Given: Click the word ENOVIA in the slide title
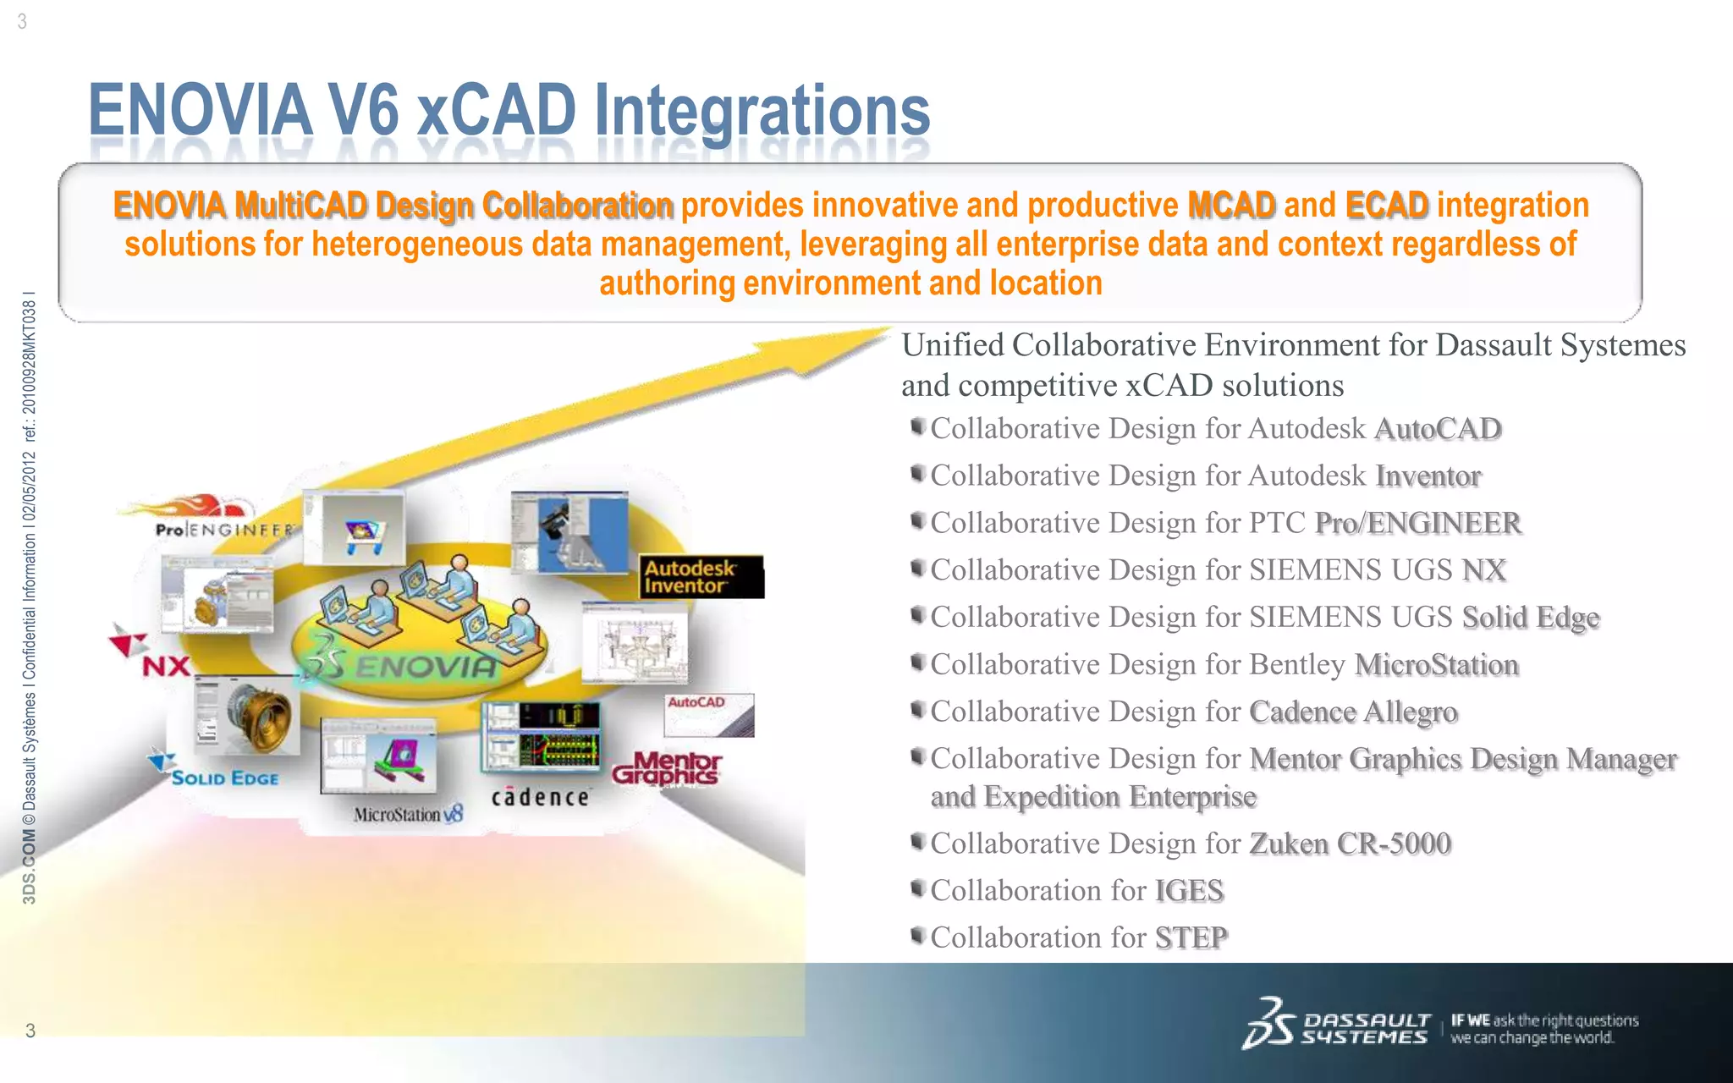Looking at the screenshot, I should (200, 110).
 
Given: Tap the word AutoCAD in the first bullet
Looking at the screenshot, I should (1437, 429).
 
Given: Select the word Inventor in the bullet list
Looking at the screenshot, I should (1428, 476).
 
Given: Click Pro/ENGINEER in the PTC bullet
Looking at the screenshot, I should (1417, 524).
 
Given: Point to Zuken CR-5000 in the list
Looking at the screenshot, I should (1350, 844).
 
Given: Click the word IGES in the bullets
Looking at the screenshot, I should (1189, 891).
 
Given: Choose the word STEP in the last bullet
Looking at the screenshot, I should (1191, 938).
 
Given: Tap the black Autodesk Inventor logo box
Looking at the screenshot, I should (701, 577).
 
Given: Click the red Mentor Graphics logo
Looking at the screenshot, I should (668, 768).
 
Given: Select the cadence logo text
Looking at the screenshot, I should (540, 797).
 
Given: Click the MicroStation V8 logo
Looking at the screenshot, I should (408, 814).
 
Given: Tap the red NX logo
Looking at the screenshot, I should (165, 665).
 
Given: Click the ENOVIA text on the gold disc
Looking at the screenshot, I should (426, 667).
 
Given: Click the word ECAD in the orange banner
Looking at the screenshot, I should (1386, 206).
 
